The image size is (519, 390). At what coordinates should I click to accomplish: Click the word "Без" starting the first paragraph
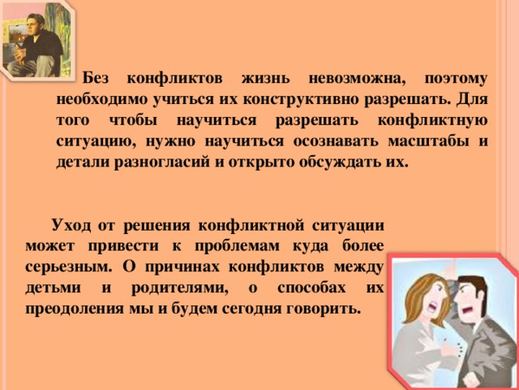click(x=95, y=79)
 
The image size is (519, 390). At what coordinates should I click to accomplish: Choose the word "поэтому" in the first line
click(x=456, y=80)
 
